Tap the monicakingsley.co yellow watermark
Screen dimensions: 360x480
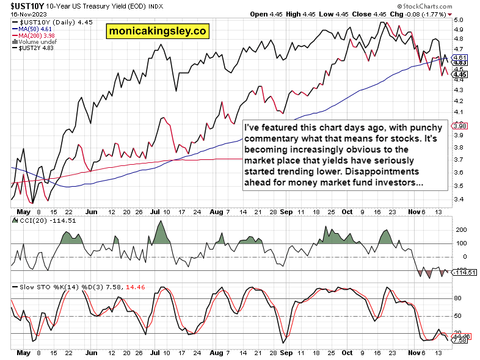157,30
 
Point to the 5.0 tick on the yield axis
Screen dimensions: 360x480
459,20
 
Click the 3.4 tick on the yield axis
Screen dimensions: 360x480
459,200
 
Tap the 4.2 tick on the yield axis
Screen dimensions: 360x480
459,101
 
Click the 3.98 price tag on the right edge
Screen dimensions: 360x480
460,126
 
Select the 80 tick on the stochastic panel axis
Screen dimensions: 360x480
458,298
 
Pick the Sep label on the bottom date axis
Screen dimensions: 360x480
285,353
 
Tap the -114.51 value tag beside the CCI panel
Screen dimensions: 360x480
465,272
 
